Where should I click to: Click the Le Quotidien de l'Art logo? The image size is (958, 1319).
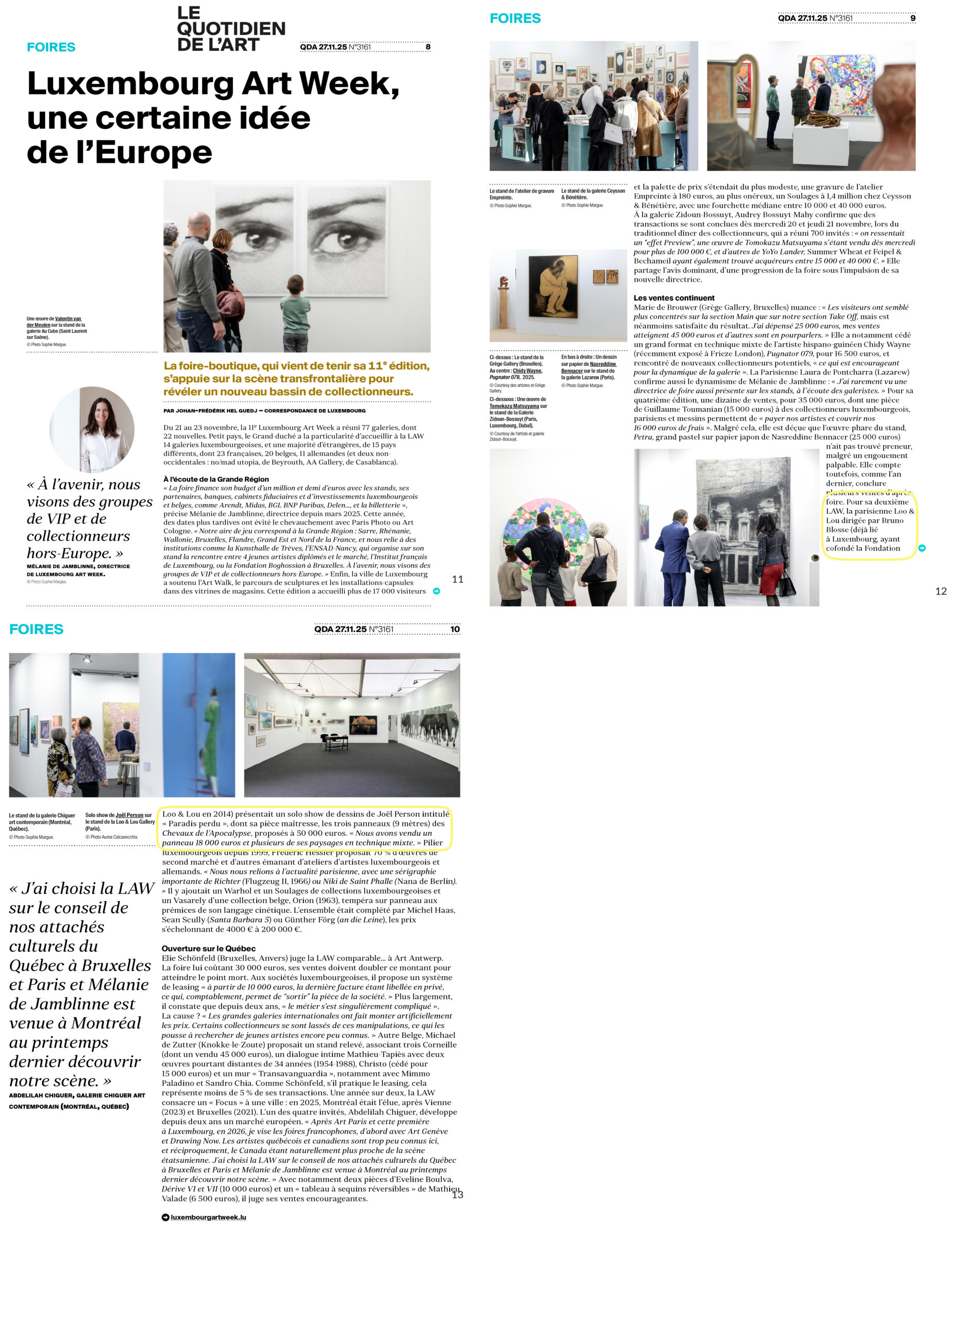coord(230,29)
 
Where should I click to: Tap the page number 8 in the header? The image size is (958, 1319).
coord(428,47)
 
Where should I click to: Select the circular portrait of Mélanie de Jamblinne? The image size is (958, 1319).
coord(92,429)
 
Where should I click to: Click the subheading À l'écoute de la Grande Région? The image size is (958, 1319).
coord(216,479)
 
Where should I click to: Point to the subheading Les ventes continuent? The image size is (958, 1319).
coord(674,298)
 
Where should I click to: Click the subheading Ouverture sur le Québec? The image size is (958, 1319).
coord(208,949)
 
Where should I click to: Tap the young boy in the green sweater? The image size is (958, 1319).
coord(296,314)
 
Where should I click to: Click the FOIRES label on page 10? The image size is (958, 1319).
coord(36,629)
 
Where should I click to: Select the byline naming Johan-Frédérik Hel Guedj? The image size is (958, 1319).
coord(265,411)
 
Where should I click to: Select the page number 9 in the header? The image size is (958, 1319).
coord(912,18)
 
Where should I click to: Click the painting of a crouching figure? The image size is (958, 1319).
coord(552,286)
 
